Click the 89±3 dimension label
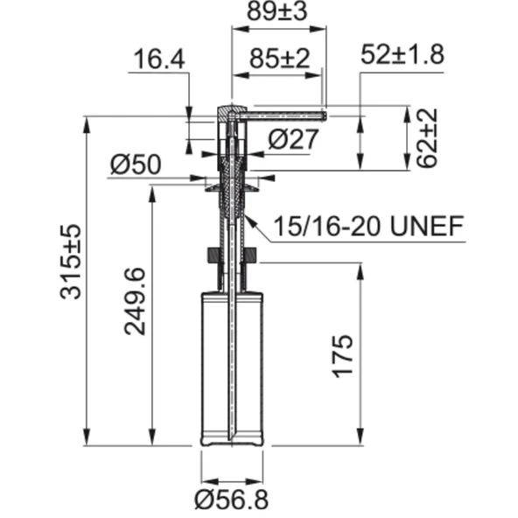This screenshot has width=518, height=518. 277,11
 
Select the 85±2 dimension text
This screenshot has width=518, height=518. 279,59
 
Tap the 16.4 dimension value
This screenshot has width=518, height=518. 159,59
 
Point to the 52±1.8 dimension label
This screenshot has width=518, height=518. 402,54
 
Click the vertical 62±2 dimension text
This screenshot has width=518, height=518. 427,138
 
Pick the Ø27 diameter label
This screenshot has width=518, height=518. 293,139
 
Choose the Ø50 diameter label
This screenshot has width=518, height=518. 136,164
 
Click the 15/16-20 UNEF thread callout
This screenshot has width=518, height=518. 368,226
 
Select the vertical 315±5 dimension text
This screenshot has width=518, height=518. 70,262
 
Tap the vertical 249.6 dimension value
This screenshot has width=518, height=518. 135,301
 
